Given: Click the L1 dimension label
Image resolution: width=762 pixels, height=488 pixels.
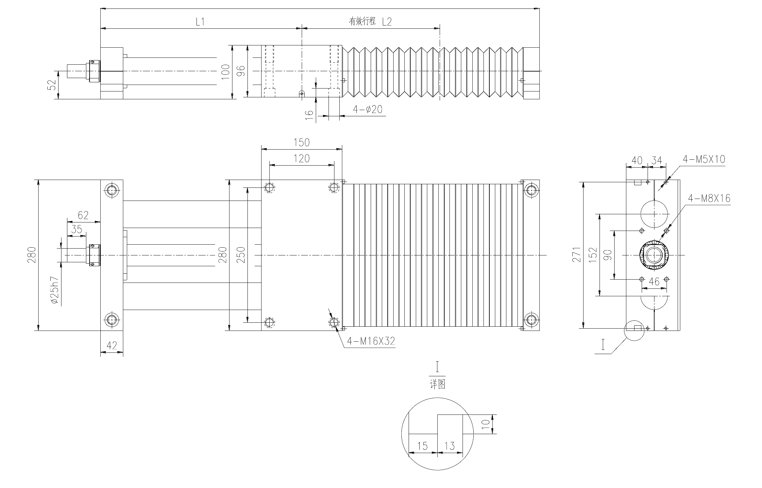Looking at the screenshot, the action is pyautogui.click(x=200, y=22).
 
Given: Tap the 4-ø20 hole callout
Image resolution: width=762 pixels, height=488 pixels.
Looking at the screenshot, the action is pyautogui.click(x=367, y=109).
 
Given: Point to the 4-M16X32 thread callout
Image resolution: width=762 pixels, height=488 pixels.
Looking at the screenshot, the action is pyautogui.click(x=371, y=341).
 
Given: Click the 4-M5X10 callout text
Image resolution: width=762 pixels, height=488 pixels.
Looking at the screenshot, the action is pyautogui.click(x=704, y=159).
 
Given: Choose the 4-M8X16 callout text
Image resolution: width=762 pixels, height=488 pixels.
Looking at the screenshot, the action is pyautogui.click(x=709, y=198).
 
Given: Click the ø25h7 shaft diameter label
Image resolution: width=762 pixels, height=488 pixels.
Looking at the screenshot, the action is pyautogui.click(x=55, y=291).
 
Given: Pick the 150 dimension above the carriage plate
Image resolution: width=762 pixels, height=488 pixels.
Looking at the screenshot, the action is pyautogui.click(x=301, y=142).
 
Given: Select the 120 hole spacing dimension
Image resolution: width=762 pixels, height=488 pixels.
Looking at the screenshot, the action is pyautogui.click(x=301, y=159).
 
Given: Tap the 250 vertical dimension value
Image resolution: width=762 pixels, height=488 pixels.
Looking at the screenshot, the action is pyautogui.click(x=241, y=255).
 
